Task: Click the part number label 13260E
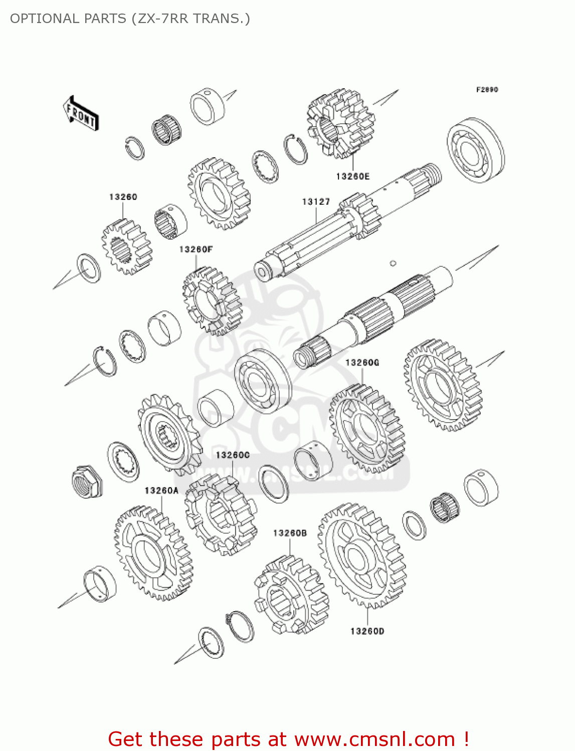(352, 176)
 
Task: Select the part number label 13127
(316, 202)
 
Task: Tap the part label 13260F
(196, 249)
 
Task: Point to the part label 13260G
(362, 362)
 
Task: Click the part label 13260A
(161, 491)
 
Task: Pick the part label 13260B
(290, 533)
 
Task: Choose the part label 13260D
(367, 631)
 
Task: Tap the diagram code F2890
(487, 90)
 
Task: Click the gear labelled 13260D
(362, 556)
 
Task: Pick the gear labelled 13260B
(291, 596)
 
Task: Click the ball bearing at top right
(475, 150)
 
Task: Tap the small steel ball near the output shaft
(393, 263)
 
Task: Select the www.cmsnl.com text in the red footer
(374, 739)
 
